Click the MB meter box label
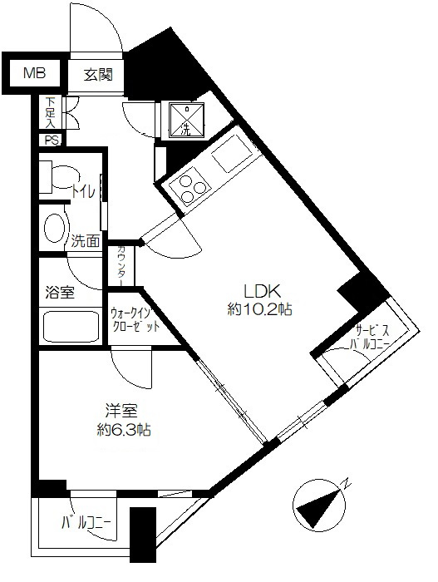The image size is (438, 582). pyautogui.click(x=35, y=73)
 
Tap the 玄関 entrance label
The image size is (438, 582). pyautogui.click(x=97, y=75)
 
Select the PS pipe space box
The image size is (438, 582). pyautogui.click(x=52, y=140)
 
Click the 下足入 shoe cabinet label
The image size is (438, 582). pyautogui.click(x=50, y=112)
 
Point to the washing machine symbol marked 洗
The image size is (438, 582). pyautogui.click(x=187, y=119)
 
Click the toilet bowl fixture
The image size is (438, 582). pyautogui.click(x=59, y=176)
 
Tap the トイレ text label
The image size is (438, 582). pyautogui.click(x=84, y=191)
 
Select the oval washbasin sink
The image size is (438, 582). pyautogui.click(x=57, y=228)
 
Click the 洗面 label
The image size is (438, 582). pyautogui.click(x=86, y=241)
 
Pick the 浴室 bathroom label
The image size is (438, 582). pyautogui.click(x=60, y=293)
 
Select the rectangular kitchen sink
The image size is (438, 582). pyautogui.click(x=231, y=153)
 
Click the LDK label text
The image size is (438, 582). pyautogui.click(x=261, y=292)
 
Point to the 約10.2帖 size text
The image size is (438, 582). pyautogui.click(x=259, y=309)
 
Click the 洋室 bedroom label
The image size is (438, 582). pyautogui.click(x=121, y=412)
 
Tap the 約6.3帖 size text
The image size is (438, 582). pyautogui.click(x=124, y=430)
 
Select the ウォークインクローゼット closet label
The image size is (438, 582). pyautogui.click(x=135, y=319)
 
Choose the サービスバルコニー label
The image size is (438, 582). pyautogui.click(x=370, y=336)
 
